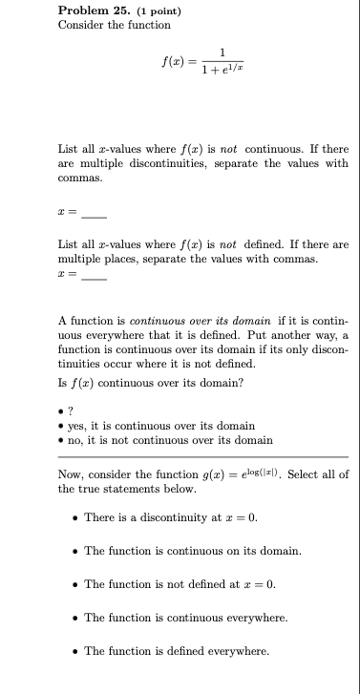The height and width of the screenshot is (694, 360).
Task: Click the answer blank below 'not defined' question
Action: [93, 275]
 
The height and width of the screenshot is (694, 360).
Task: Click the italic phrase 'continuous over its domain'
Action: [191, 321]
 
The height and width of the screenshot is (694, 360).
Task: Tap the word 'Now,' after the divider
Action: [71, 474]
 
